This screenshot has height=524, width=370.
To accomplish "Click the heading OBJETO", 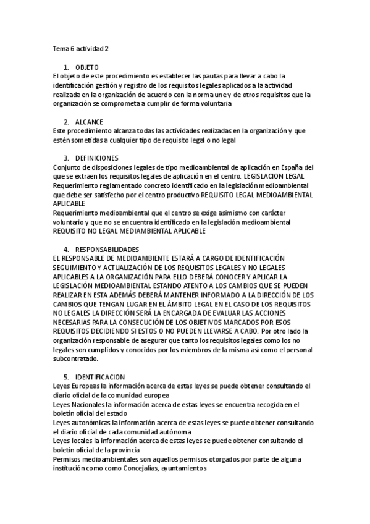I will (x=87, y=67).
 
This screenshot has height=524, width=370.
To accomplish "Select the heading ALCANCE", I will (x=90, y=122).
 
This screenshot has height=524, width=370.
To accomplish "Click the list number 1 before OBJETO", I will (x=66, y=67).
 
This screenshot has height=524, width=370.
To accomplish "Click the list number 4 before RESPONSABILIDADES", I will (x=66, y=249).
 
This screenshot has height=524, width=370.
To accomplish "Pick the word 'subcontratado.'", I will (x=75, y=358).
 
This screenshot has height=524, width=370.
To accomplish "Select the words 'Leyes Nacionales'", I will (x=78, y=405).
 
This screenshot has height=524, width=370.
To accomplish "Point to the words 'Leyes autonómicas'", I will (x=82, y=423).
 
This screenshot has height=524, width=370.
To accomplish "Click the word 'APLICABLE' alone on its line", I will (x=69, y=203).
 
